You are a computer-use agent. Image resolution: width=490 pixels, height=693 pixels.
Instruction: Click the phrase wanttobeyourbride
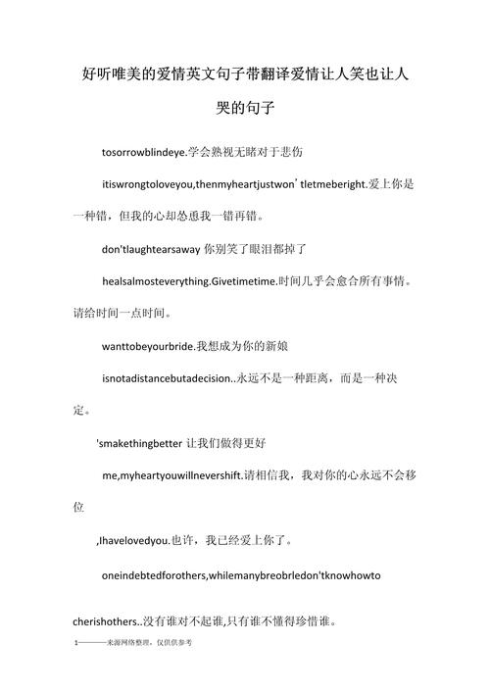(147, 346)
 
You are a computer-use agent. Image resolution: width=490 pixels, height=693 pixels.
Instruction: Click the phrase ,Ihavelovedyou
(131, 540)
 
